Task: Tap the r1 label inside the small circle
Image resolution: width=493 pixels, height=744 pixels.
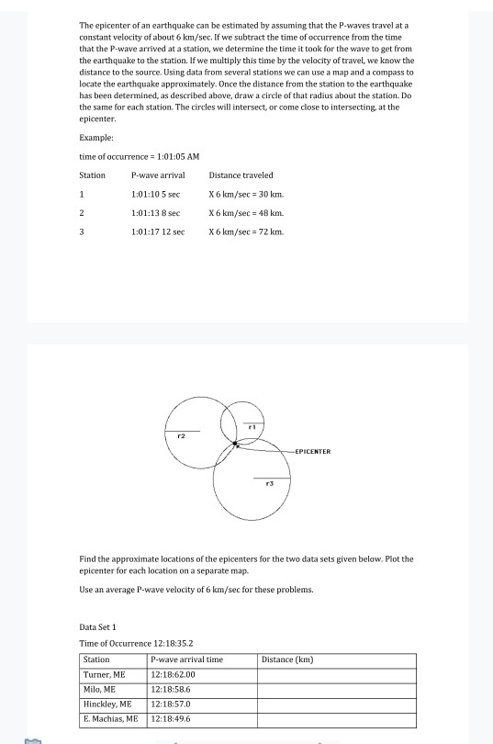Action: click(x=251, y=426)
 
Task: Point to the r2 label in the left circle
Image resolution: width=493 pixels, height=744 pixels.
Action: click(x=182, y=435)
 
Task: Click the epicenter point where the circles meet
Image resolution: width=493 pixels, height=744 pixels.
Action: click(x=236, y=445)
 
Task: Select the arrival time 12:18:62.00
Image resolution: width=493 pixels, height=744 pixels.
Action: click(x=174, y=673)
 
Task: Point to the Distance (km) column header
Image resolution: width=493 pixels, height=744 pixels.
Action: click(x=287, y=659)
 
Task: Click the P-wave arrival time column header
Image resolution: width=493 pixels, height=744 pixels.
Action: click(x=186, y=659)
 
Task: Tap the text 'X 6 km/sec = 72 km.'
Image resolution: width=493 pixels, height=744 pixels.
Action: click(x=247, y=232)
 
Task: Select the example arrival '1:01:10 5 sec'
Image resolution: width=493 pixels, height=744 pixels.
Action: click(x=156, y=195)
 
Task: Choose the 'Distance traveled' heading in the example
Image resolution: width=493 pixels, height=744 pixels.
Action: click(x=241, y=175)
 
